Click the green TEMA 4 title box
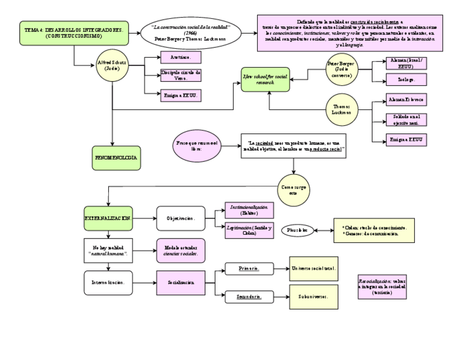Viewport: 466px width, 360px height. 74,33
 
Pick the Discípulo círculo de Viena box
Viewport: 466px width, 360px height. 181,75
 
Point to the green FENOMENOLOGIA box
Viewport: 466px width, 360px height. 116,157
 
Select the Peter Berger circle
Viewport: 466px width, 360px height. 341,67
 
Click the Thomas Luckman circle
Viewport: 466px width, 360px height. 341,108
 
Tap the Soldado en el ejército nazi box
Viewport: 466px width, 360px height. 407,119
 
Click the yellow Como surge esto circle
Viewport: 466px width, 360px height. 293,190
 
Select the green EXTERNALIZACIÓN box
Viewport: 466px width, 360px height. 108,218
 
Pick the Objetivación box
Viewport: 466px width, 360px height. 181,218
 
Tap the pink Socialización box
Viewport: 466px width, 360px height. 181,283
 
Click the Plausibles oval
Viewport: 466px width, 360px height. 297,230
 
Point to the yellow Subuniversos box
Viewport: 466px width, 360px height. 314,297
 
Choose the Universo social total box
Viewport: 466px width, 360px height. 314,269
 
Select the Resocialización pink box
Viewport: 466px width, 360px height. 382,286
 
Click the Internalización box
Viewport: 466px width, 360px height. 108,283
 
